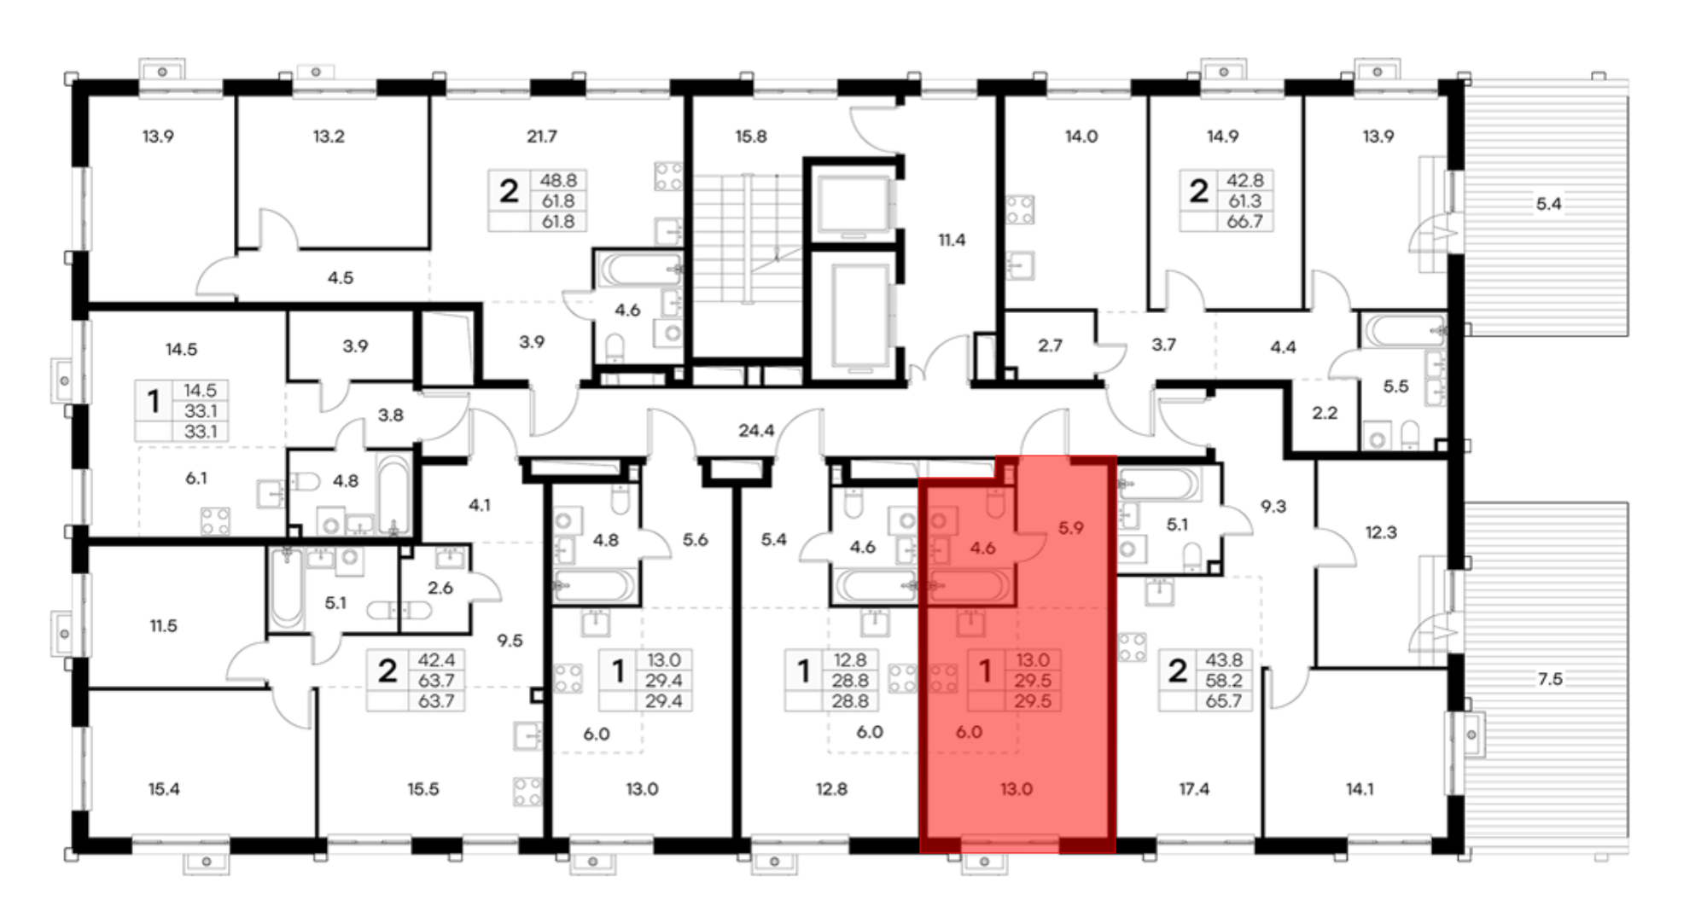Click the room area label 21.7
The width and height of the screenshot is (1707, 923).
coord(542,136)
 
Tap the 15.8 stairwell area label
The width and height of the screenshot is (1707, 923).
coord(751,136)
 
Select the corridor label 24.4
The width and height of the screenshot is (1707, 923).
coord(756,431)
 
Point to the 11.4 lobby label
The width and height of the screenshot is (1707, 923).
coord(952,241)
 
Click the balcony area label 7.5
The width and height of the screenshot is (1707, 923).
coord(1550,679)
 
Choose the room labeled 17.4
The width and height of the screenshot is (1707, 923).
coord(1194,789)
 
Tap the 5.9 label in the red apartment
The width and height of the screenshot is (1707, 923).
coord(1071,528)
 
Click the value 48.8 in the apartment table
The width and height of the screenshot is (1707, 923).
coord(558,181)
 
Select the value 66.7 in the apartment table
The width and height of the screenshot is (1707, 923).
coord(1245,222)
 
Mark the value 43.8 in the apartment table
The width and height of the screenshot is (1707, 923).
coord(1224,660)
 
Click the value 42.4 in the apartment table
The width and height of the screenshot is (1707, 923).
coord(436,660)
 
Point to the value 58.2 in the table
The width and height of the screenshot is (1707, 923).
coord(1224,681)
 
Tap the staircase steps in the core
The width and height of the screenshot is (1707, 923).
coord(748,239)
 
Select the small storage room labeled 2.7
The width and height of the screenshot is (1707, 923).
coord(1050,345)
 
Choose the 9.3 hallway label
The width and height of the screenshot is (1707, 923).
coord(1273,507)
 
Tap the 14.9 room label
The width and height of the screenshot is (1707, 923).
coord(1223,136)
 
